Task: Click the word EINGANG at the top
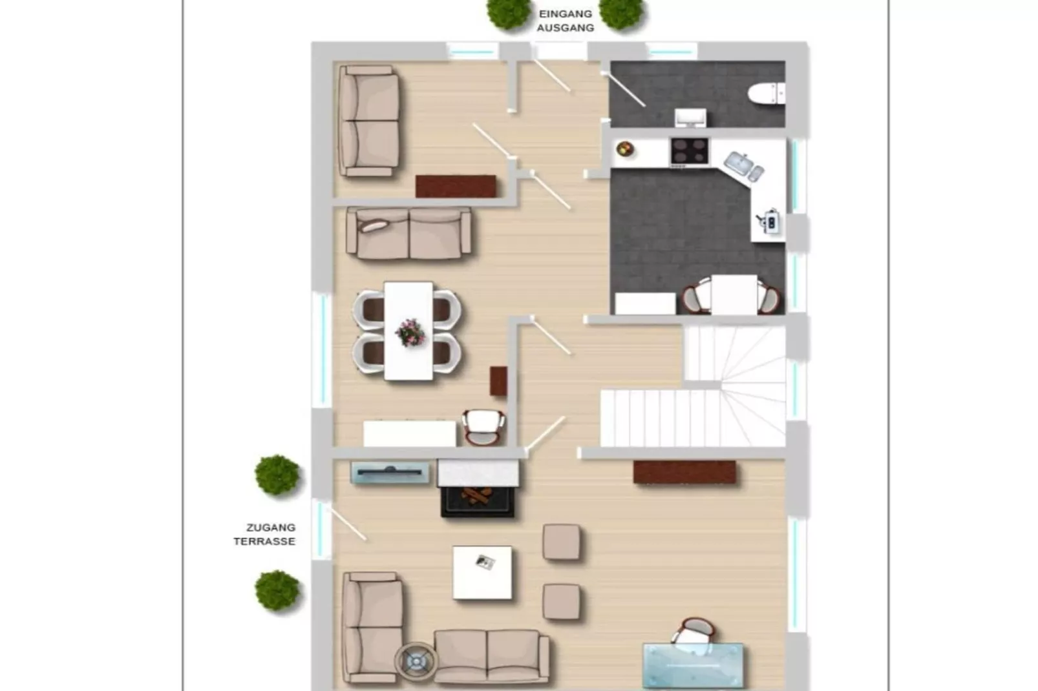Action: (565, 14)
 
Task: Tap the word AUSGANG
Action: (565, 28)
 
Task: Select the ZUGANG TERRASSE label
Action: (265, 535)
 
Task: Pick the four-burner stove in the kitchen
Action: (689, 151)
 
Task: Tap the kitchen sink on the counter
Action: (743, 165)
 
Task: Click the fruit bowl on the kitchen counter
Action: (624, 150)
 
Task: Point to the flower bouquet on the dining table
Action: (410, 332)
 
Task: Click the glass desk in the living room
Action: (693, 665)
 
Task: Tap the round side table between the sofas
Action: (416, 661)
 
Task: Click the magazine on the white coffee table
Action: (485, 562)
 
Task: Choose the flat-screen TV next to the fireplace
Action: (390, 473)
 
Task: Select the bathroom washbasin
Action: (690, 118)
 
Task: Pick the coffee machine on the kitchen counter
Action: (770, 222)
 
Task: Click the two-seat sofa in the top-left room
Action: (368, 121)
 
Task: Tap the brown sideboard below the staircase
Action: (684, 472)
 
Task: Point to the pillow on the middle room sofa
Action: (374, 225)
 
